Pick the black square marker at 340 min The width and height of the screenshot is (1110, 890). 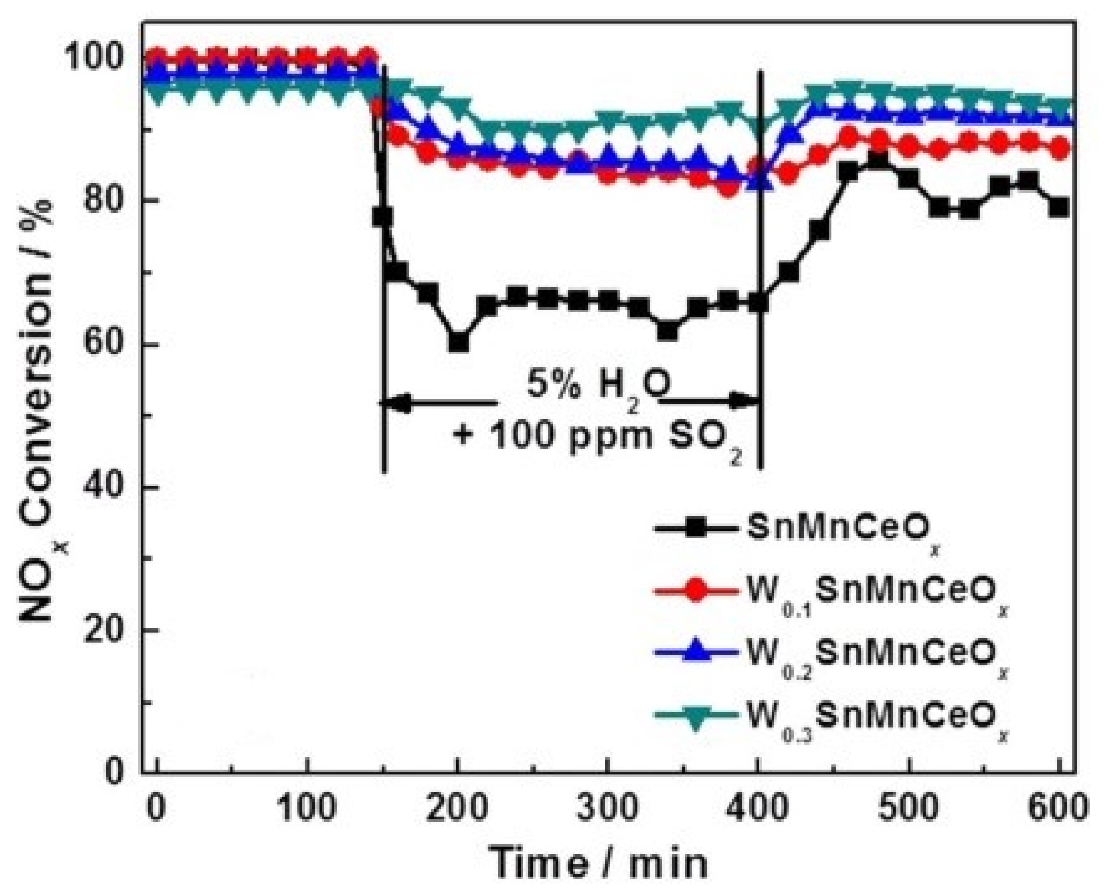(x=668, y=331)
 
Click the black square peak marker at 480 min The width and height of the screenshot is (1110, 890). (x=878, y=159)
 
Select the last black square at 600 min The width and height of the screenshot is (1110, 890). (x=1059, y=207)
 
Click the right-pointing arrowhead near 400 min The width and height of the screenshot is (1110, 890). (x=745, y=401)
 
